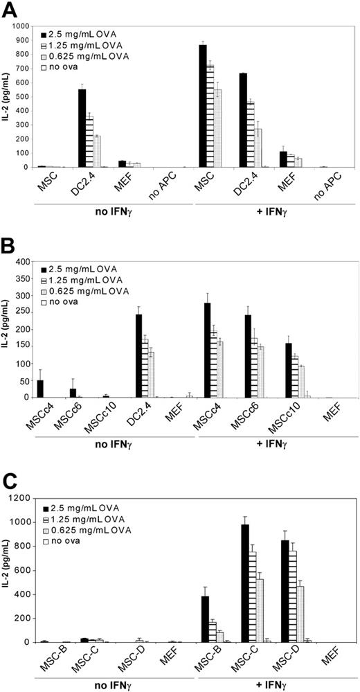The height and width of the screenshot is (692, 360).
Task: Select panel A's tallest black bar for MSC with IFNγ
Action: coord(203,106)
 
